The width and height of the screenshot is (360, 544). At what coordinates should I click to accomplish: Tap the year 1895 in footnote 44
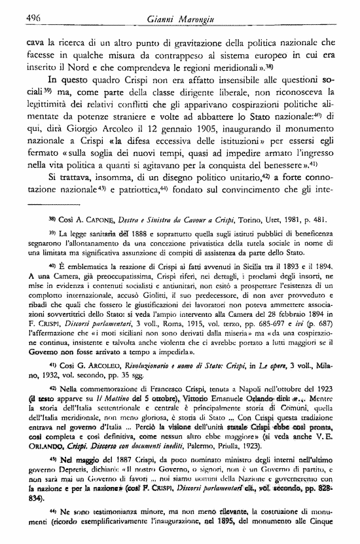(243, 540)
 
